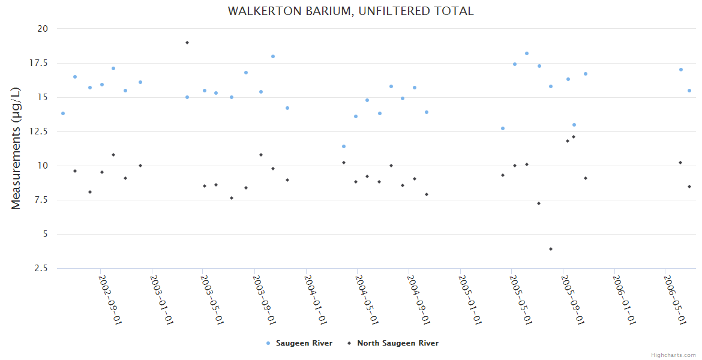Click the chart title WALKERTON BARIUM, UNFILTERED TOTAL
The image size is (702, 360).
coord(350,11)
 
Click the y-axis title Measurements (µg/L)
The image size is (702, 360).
coord(16,148)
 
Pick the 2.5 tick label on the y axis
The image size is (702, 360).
coord(41,268)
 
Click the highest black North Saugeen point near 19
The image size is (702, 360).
coord(187,43)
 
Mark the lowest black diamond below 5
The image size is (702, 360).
coord(550,249)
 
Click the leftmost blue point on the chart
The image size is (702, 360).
coord(63,113)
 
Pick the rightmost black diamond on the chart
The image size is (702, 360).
coord(689,187)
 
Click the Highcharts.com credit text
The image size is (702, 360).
coord(673,355)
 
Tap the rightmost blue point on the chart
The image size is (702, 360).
coord(689,91)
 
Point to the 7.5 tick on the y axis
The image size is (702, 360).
coord(41,200)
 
